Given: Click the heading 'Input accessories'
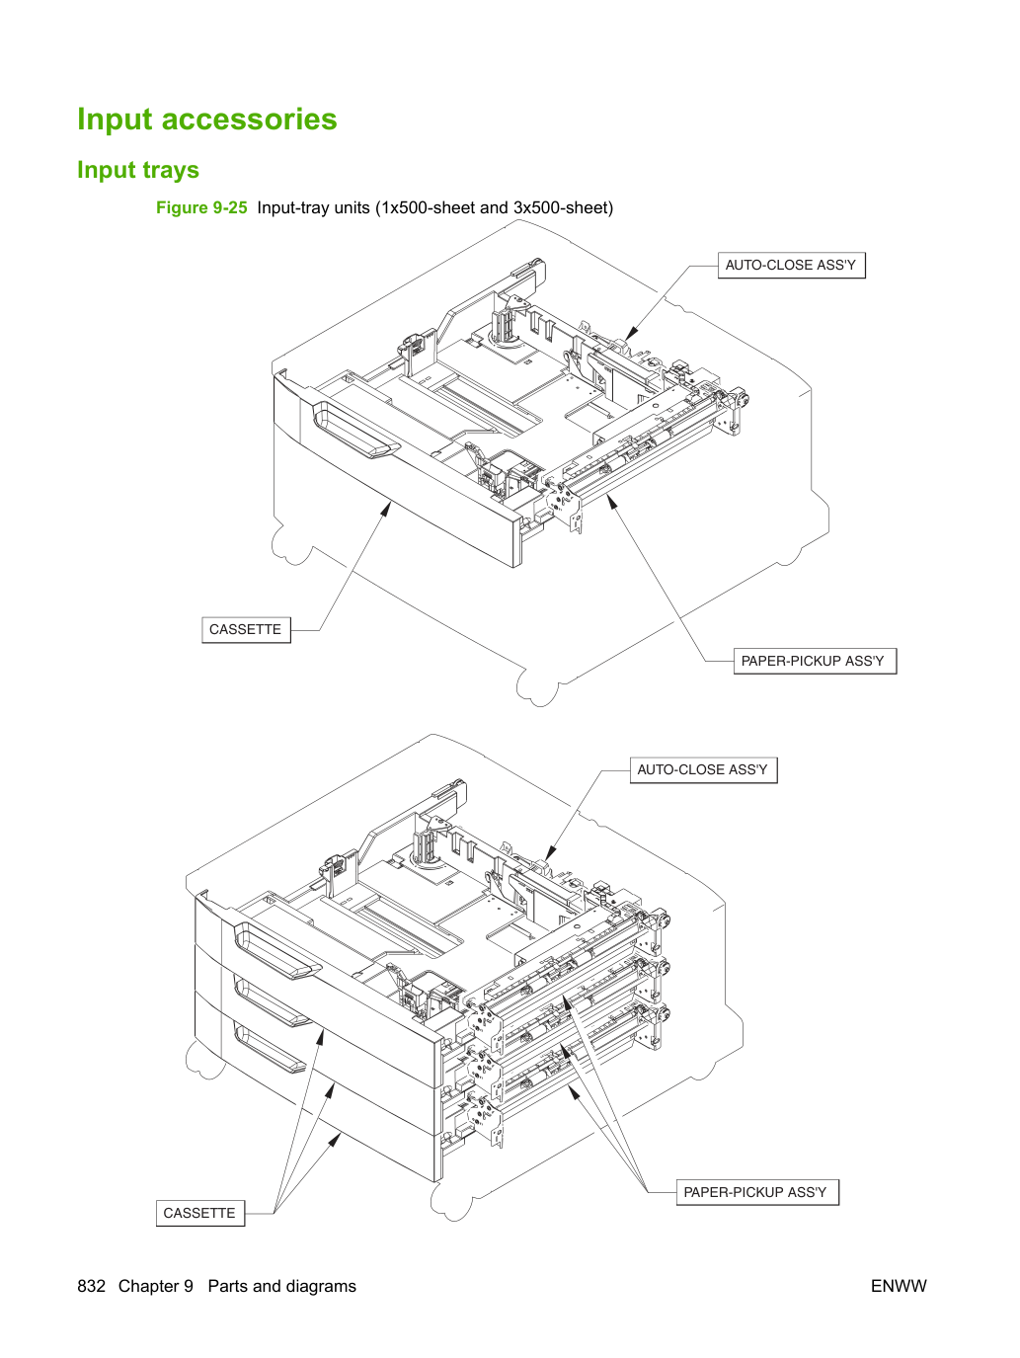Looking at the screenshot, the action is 206,119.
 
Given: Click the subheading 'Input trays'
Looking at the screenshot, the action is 138,170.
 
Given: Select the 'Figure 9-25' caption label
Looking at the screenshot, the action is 201,207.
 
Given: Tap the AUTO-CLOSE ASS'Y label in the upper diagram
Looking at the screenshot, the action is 791,265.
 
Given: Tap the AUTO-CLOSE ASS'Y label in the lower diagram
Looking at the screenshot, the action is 703,769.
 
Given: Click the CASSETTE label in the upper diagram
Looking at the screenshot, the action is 246,629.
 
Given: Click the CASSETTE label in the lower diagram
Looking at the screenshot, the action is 199,1213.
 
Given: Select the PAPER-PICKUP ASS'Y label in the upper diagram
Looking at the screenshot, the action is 814,661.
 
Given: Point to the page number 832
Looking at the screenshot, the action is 91,1286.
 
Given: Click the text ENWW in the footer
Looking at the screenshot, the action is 899,1286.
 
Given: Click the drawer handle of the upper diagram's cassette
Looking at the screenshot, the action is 355,431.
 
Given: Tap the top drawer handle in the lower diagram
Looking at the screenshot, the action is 277,951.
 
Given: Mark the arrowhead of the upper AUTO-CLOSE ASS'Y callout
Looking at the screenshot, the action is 631,334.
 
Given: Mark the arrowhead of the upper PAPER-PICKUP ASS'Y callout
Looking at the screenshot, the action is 612,502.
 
